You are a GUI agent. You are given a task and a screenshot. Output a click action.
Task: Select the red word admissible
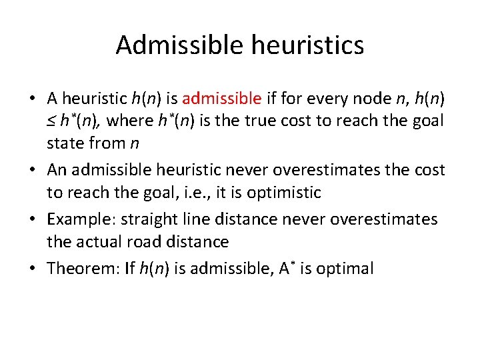(221, 99)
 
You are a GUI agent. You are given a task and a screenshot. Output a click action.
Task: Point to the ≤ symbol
(51, 121)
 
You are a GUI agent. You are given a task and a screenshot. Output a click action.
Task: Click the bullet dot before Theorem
(33, 269)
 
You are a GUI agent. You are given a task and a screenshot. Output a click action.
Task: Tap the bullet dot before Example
(33, 219)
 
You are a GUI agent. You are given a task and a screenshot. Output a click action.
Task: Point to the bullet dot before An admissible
(33, 171)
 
